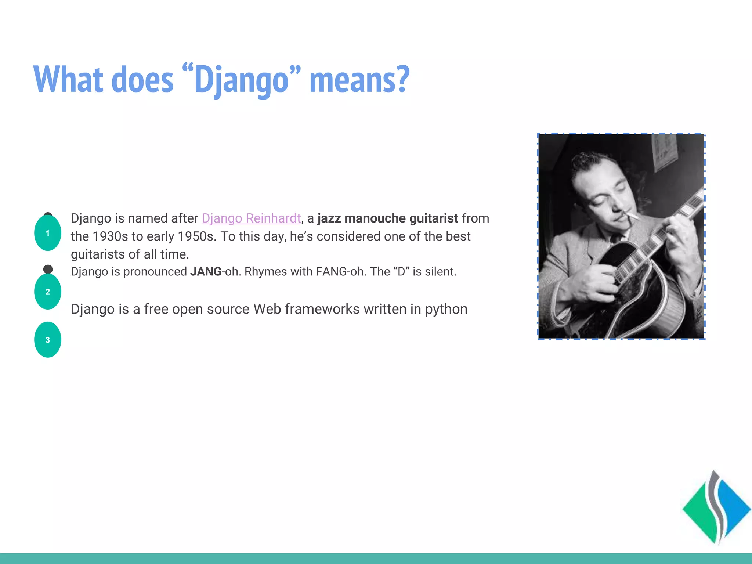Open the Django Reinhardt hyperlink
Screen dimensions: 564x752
pyautogui.click(x=251, y=218)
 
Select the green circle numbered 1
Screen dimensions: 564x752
pyautogui.click(x=48, y=233)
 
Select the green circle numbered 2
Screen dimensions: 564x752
pyautogui.click(x=48, y=292)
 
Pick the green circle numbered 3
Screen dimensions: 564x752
pyautogui.click(x=48, y=340)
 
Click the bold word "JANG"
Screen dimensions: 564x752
pyautogui.click(x=206, y=272)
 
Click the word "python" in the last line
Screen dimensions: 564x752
pyautogui.click(x=446, y=310)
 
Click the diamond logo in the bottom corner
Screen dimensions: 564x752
pyautogui.click(x=716, y=509)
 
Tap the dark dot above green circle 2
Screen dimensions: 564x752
pyautogui.click(x=48, y=269)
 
